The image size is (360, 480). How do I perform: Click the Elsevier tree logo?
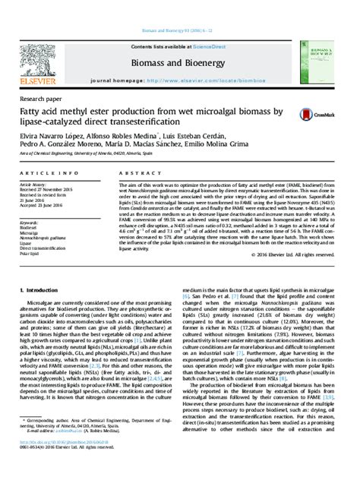(x=35, y=57)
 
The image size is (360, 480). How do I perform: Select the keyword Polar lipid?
(x=30, y=253)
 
